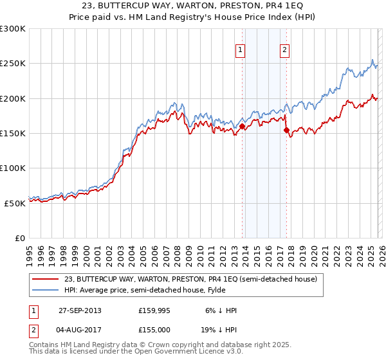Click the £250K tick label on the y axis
click(13, 64)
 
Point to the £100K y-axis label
click(13, 168)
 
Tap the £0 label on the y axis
click(19, 238)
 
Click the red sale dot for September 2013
click(242, 127)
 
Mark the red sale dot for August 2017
click(286, 130)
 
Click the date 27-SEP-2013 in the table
click(80, 310)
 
